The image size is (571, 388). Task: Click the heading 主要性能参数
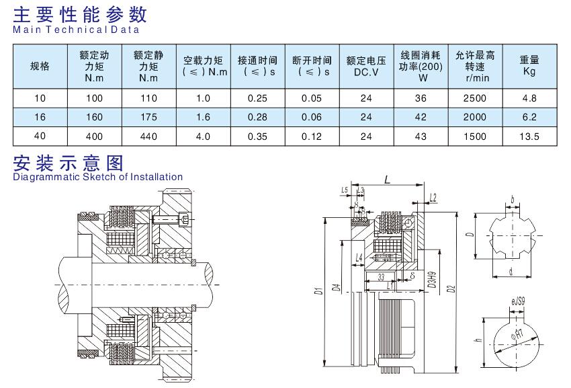[81, 13]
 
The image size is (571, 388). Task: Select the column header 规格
[40, 66]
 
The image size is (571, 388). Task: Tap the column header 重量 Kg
[529, 66]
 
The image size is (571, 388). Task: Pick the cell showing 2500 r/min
[474, 98]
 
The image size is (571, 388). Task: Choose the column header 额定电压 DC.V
[366, 66]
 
